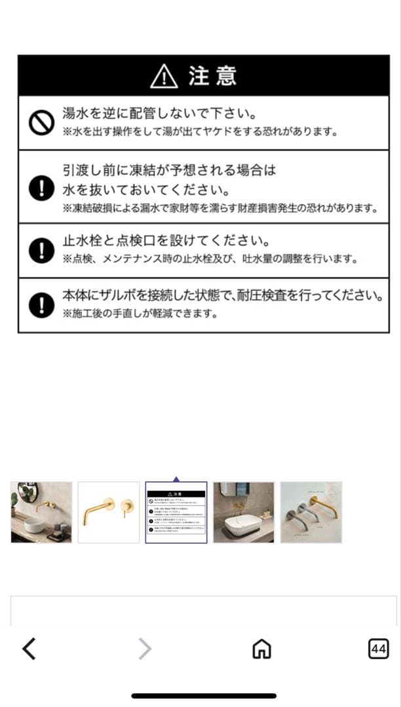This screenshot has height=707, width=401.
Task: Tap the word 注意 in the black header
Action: tap(213, 77)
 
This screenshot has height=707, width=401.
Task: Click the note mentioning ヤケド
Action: tap(200, 132)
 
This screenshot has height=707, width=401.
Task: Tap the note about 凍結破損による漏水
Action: tap(220, 209)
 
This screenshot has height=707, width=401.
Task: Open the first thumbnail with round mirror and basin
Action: tap(41, 513)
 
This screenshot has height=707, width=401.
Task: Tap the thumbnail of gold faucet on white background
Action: tap(109, 513)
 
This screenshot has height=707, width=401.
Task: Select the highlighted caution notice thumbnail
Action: tap(176, 513)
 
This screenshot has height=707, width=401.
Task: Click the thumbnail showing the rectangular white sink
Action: tap(244, 513)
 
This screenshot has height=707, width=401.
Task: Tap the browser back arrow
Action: tap(29, 649)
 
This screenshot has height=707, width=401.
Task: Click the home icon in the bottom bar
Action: tap(261, 649)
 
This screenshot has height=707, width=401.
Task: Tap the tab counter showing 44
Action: tap(378, 649)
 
